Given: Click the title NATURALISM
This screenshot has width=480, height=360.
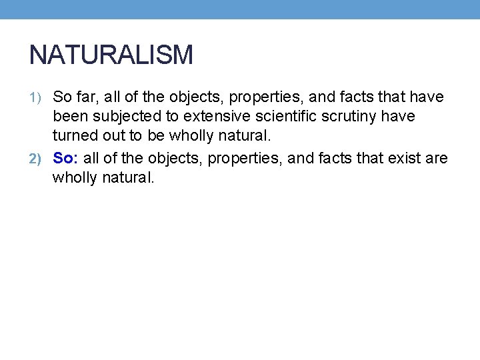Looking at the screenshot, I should pos(111,55).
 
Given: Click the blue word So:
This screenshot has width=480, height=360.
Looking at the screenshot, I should pos(66,158).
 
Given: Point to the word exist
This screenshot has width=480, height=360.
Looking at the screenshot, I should pos(405,158).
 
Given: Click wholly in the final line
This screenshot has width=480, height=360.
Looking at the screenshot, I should pos(75,178).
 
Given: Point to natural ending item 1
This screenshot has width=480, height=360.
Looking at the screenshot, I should pos(246,136).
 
